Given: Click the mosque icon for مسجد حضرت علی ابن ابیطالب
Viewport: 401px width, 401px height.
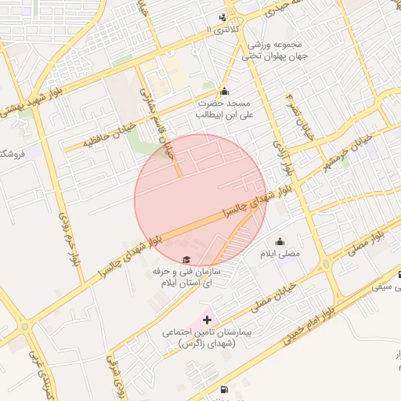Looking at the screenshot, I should pos(225,91).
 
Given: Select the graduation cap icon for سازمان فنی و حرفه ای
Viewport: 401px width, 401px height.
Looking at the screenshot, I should pos(186,259).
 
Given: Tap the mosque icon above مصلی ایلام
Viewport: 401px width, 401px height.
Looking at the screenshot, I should pos(280,241).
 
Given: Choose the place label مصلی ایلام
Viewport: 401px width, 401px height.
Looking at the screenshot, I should pos(284,255).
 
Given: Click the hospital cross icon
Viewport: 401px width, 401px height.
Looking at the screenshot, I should pos(207,320).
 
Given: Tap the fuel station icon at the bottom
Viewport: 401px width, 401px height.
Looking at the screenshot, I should pos(225,389).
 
